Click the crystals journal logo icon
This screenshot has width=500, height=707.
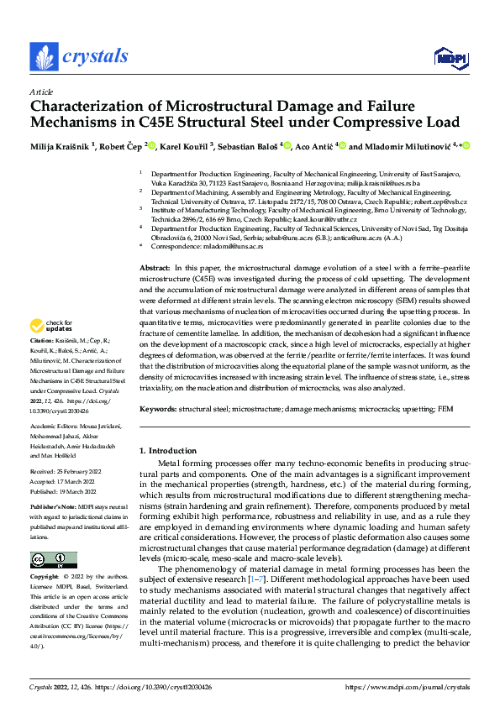(x=43, y=57)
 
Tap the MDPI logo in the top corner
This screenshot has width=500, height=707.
(x=450, y=57)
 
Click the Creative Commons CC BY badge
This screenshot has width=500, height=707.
(x=53, y=560)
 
